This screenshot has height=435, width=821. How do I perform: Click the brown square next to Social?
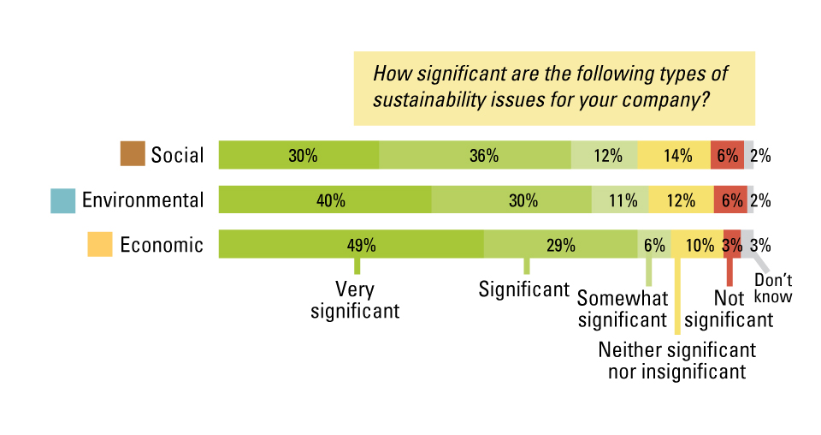coord(133,155)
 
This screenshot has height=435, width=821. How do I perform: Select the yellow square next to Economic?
coord(100,244)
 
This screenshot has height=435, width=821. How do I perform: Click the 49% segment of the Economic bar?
coord(351,244)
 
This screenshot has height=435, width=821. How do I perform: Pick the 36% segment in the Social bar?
coord(475,155)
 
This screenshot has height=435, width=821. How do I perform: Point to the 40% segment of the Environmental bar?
coord(325,200)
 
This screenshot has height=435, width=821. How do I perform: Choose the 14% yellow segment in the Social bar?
coord(674,155)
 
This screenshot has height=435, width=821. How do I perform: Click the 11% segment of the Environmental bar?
coord(620,200)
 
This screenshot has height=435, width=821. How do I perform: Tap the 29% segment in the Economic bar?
coord(560,244)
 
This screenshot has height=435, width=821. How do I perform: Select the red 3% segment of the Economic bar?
coord(732,244)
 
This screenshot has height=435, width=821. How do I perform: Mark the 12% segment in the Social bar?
coord(604,155)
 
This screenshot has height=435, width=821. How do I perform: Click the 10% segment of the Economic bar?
coord(697,244)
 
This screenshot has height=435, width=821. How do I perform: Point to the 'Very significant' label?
coord(355,300)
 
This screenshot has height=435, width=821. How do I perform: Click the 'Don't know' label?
coord(773,289)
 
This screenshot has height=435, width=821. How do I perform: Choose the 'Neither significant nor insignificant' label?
coord(676,361)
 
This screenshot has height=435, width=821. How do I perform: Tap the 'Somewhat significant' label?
coord(622,309)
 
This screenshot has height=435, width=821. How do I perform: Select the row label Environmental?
coord(143,200)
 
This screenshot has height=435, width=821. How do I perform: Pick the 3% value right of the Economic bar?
coord(760,245)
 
